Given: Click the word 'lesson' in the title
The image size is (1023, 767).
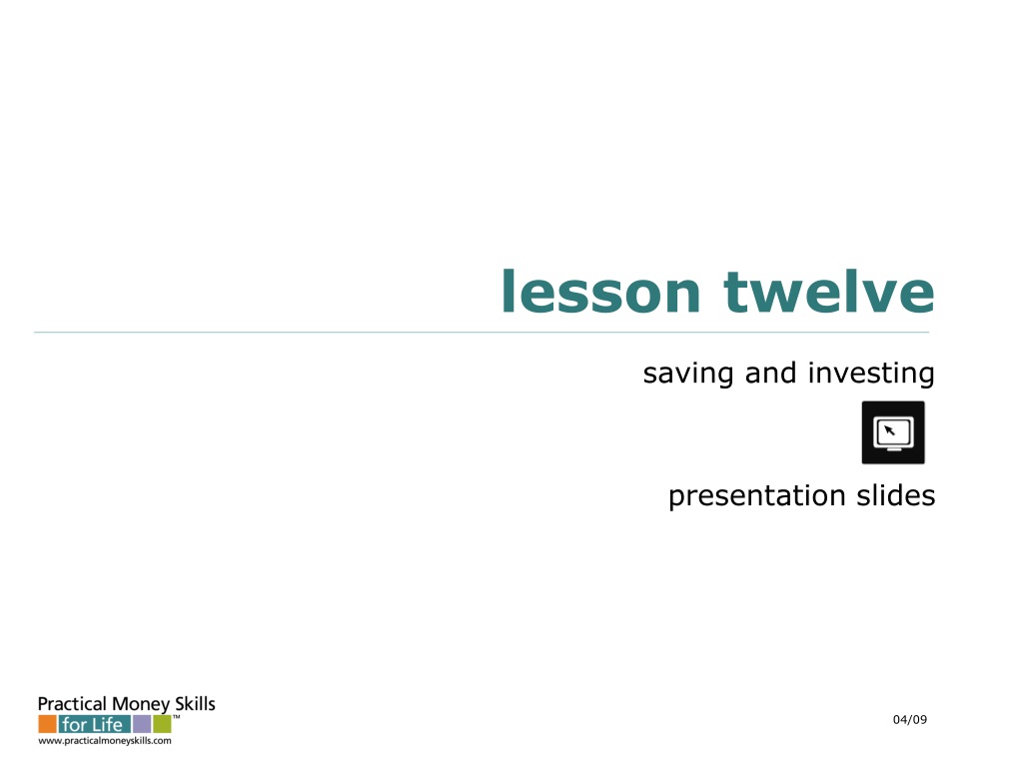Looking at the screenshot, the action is tap(600, 291).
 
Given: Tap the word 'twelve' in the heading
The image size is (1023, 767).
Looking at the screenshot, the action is tap(829, 291).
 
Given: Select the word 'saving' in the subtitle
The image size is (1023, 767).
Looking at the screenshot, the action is tap(688, 375).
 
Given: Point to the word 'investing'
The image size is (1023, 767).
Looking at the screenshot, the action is tap(871, 374).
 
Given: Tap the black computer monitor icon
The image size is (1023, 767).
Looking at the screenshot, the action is tap(893, 432).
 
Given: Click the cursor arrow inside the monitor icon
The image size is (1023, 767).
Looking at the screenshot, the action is tap(889, 430).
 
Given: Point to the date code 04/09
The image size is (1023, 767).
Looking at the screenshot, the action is tap(910, 719).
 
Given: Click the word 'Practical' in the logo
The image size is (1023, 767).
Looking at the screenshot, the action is tap(72, 704).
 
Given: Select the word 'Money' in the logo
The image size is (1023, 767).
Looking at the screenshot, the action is tap(141, 705).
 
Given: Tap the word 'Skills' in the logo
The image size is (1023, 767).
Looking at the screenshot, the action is tap(195, 704).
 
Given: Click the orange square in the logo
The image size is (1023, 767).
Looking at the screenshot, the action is tap(47, 724).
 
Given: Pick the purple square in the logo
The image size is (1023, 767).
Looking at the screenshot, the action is tap(142, 724).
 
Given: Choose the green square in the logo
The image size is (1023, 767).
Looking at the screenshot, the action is tap(163, 724).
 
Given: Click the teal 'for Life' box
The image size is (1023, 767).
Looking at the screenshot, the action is tap(95, 724).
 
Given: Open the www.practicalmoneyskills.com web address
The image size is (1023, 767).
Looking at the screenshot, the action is tap(105, 741).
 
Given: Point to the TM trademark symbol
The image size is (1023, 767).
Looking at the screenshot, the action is tap(176, 717).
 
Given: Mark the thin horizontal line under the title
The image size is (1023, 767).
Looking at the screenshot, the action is tap(482, 332).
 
